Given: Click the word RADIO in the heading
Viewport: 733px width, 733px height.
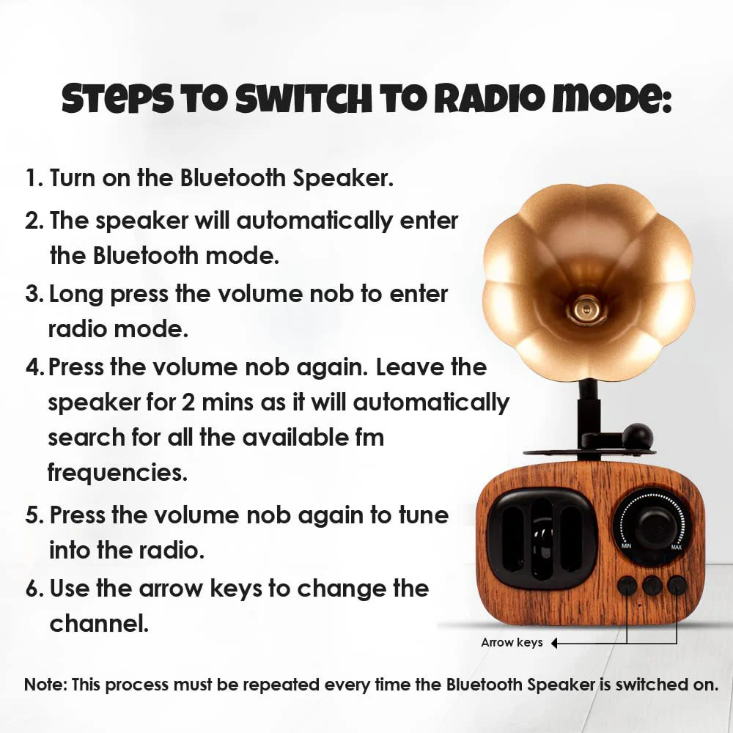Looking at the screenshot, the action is [x=490, y=99].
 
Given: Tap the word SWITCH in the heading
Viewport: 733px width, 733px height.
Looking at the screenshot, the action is [x=304, y=99].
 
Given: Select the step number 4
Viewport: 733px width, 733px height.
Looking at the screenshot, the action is [x=34, y=367].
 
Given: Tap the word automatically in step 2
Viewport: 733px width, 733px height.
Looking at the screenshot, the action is [x=314, y=221].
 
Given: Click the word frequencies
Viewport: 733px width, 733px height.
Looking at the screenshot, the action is [x=117, y=473].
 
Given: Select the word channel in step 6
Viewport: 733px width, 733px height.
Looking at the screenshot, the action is [x=99, y=623].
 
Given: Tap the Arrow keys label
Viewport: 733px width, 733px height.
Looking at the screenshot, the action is [x=512, y=643].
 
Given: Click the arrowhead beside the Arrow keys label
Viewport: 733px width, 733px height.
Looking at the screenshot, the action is [x=554, y=644].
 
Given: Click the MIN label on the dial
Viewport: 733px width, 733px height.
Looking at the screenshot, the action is [x=627, y=546].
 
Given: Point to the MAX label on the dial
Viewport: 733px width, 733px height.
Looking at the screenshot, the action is [x=676, y=548].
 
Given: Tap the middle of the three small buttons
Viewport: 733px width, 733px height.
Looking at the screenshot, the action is [x=652, y=586].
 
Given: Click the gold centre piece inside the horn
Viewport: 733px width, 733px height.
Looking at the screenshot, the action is [x=584, y=308].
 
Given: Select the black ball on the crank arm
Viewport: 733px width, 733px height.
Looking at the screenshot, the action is [x=638, y=437].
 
